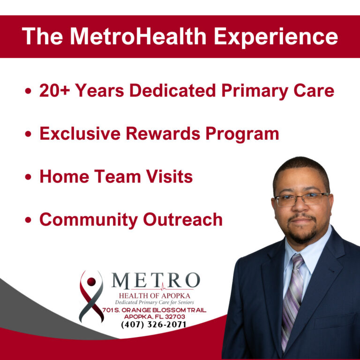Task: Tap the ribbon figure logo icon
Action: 91,295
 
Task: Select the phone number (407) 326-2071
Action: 154,324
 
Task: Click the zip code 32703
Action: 174,317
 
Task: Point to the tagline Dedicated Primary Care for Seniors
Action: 154,302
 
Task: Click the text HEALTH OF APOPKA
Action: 155,295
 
